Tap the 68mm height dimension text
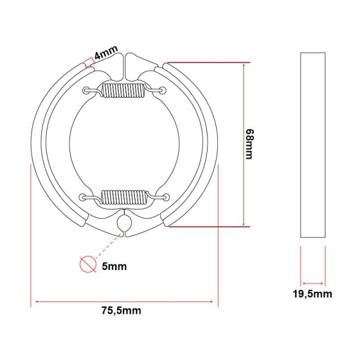250,144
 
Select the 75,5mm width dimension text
121,311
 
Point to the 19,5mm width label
312,294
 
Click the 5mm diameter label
115,266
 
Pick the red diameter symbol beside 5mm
88,264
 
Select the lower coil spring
124,197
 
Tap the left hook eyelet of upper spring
86,90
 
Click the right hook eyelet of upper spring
163,90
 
